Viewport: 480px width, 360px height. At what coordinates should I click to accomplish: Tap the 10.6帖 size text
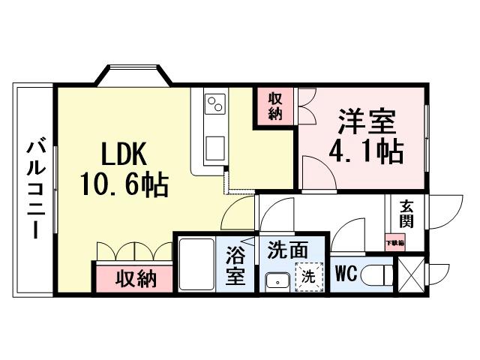click(126, 184)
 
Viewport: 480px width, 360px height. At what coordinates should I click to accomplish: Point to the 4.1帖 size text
click(366, 151)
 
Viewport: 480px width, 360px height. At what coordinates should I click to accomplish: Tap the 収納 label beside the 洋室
click(275, 105)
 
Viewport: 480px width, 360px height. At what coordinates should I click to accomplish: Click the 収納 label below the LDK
click(136, 278)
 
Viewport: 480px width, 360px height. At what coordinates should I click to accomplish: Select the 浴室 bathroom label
click(235, 265)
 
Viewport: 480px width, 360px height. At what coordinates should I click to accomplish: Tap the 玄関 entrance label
click(406, 213)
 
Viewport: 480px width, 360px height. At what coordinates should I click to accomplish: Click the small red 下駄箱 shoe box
click(394, 241)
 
